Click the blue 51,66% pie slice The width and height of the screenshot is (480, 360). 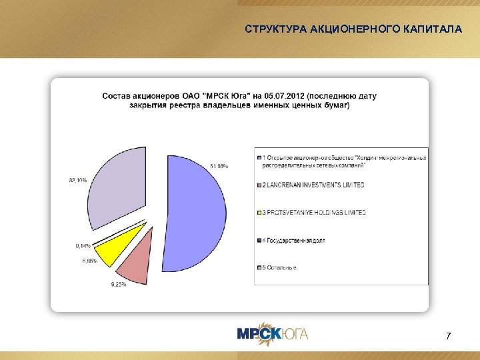200,213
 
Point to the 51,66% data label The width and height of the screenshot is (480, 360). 219,166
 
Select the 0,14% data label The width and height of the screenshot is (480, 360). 84,245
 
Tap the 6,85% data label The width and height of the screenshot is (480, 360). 90,261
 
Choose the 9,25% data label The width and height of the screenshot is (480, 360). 118,285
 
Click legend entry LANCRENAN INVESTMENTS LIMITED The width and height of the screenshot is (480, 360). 313,184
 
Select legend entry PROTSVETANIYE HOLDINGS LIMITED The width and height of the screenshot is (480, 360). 314,212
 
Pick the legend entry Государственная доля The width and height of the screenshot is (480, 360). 294,240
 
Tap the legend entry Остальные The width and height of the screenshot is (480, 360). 279,267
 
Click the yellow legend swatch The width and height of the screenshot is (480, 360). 259,212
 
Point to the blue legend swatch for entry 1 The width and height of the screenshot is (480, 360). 259,157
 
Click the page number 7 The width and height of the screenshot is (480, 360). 448,335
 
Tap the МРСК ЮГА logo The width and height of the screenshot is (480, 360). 273,333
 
